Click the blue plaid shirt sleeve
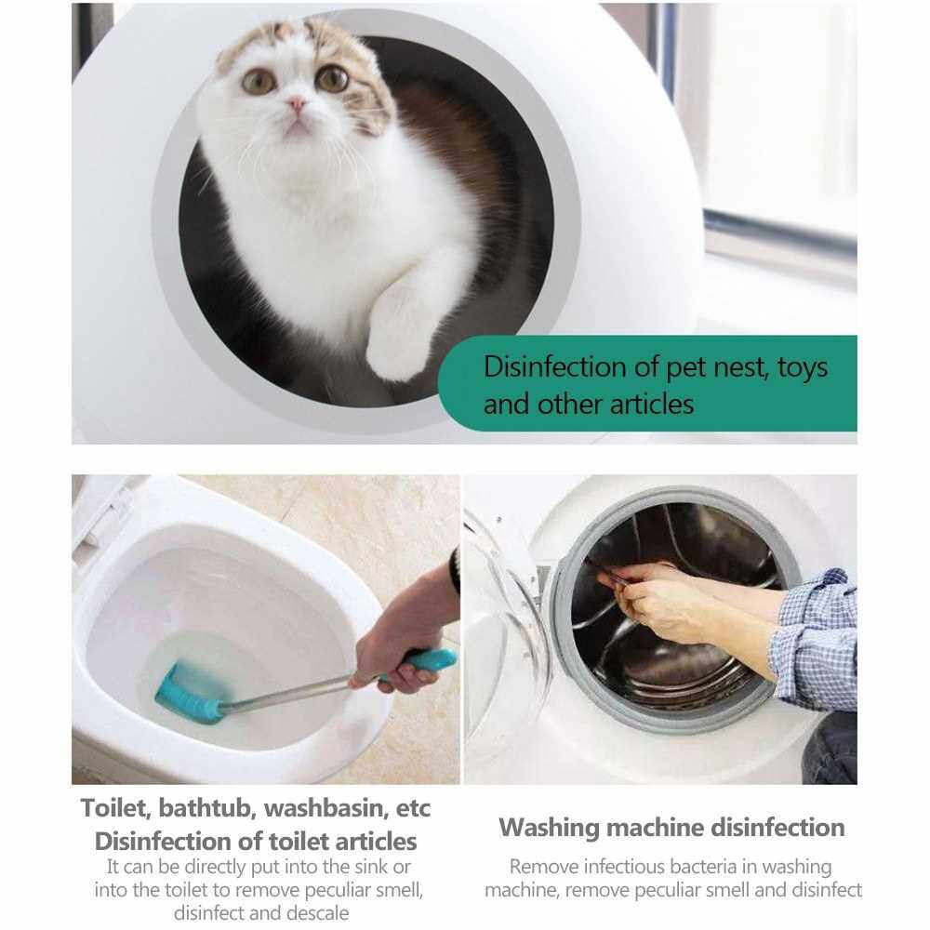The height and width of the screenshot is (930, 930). click(x=817, y=640)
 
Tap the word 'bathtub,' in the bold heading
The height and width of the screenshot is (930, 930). click(x=207, y=808)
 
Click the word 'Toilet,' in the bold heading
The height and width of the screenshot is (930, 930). click(x=116, y=808)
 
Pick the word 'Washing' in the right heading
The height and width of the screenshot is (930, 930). click(x=549, y=828)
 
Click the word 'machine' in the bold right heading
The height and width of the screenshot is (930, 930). click(x=654, y=828)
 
